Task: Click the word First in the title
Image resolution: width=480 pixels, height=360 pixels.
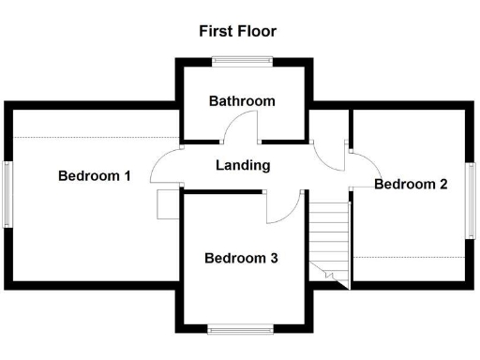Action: click(x=216, y=31)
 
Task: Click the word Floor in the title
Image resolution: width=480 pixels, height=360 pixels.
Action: click(x=256, y=31)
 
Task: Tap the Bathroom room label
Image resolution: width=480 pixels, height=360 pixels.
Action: click(x=242, y=101)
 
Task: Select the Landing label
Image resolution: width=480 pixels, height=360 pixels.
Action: click(x=243, y=166)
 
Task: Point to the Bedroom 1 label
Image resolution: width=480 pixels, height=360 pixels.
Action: click(x=94, y=175)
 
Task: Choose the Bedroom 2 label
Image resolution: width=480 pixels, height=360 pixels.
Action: click(x=411, y=184)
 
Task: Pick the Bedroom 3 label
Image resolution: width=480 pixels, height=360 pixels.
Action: click(x=241, y=258)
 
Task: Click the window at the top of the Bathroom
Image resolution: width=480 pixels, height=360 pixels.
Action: click(x=242, y=62)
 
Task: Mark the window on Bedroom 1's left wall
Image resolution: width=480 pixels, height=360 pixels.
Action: click(x=7, y=193)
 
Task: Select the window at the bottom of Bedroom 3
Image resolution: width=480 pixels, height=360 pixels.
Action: click(x=241, y=328)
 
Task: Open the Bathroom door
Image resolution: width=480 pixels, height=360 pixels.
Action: click(x=242, y=128)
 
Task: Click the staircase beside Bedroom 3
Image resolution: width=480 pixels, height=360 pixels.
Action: click(x=329, y=239)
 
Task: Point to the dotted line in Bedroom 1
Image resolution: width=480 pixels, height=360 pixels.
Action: click(x=94, y=137)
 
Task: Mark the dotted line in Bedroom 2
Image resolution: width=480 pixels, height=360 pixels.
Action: click(x=410, y=256)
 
